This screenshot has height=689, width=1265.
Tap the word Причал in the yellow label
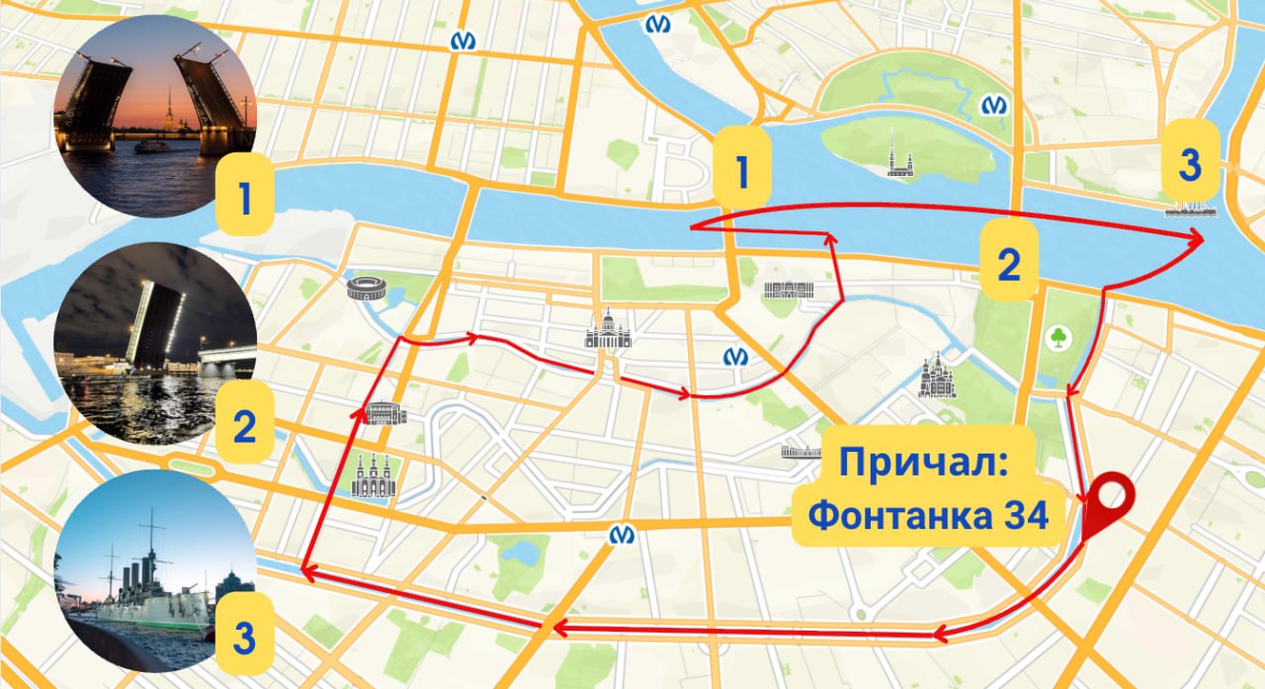[923, 465]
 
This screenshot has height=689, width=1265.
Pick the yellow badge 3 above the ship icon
[1190, 164]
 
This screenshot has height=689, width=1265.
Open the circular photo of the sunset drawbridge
[155, 117]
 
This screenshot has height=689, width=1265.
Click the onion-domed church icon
[936, 377]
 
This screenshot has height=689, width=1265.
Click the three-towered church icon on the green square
[374, 475]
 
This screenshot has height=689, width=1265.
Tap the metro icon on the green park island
[994, 104]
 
